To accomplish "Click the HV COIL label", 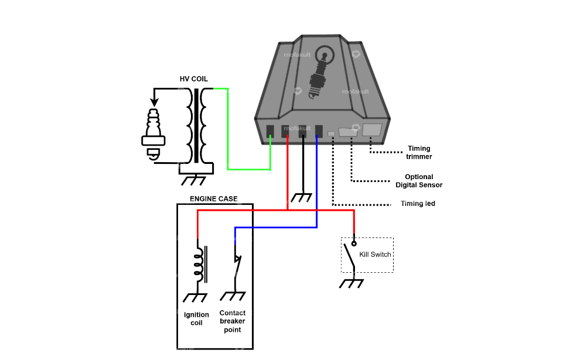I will [x=193, y=79].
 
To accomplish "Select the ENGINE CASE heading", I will [x=214, y=199].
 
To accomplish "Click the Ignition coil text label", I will [x=196, y=319].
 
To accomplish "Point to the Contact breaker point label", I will [x=233, y=321].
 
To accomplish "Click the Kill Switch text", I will [x=375, y=255].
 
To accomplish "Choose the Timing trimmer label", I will [x=419, y=153].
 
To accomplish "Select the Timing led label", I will [x=418, y=204].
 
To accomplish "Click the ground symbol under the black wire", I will [x=302, y=198].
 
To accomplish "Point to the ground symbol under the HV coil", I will [x=193, y=179].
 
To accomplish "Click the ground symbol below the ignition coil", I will [x=197, y=297].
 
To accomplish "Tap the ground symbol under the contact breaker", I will [x=234, y=297].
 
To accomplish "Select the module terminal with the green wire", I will [x=270, y=132].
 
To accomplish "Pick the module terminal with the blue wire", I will [x=319, y=132].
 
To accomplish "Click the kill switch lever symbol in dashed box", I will [x=349, y=256].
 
